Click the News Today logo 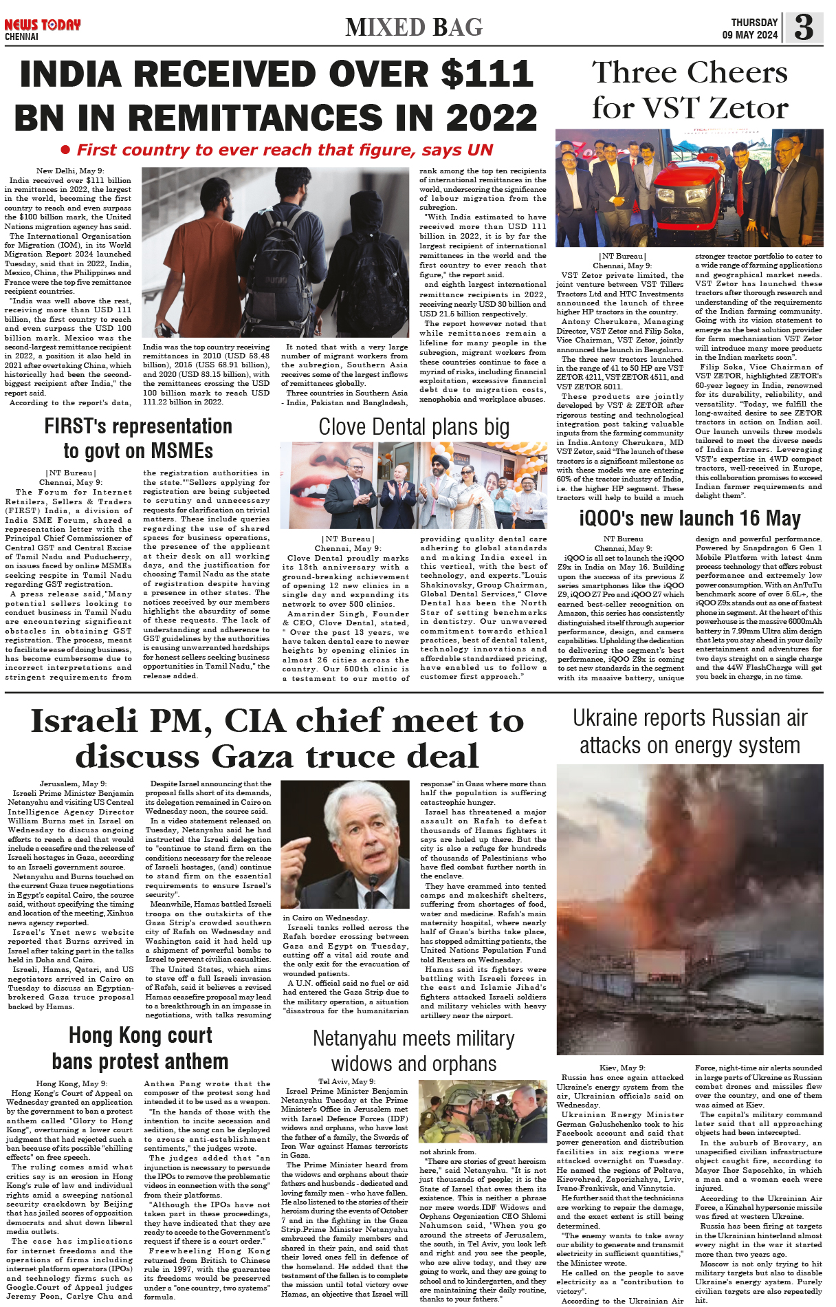[x=43, y=25]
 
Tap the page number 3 [x=803, y=28]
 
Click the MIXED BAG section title [x=414, y=28]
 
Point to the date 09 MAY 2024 [x=749, y=35]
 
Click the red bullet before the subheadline [x=66, y=150]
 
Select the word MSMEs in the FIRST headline [x=179, y=451]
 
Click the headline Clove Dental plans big [x=414, y=427]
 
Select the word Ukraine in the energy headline [x=606, y=718]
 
